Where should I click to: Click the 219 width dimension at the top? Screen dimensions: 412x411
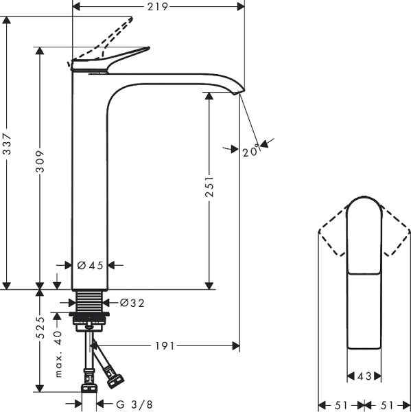click(159, 6)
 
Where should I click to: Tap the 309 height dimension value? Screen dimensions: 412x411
click(40, 161)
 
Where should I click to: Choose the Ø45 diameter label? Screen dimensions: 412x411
click(90, 266)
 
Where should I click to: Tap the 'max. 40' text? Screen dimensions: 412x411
click(59, 354)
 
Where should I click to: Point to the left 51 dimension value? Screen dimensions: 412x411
click(340, 404)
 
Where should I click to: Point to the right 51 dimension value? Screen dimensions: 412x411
click(387, 404)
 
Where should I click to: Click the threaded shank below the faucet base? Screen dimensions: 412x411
click(89, 301)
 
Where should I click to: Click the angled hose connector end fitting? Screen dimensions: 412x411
click(113, 376)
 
